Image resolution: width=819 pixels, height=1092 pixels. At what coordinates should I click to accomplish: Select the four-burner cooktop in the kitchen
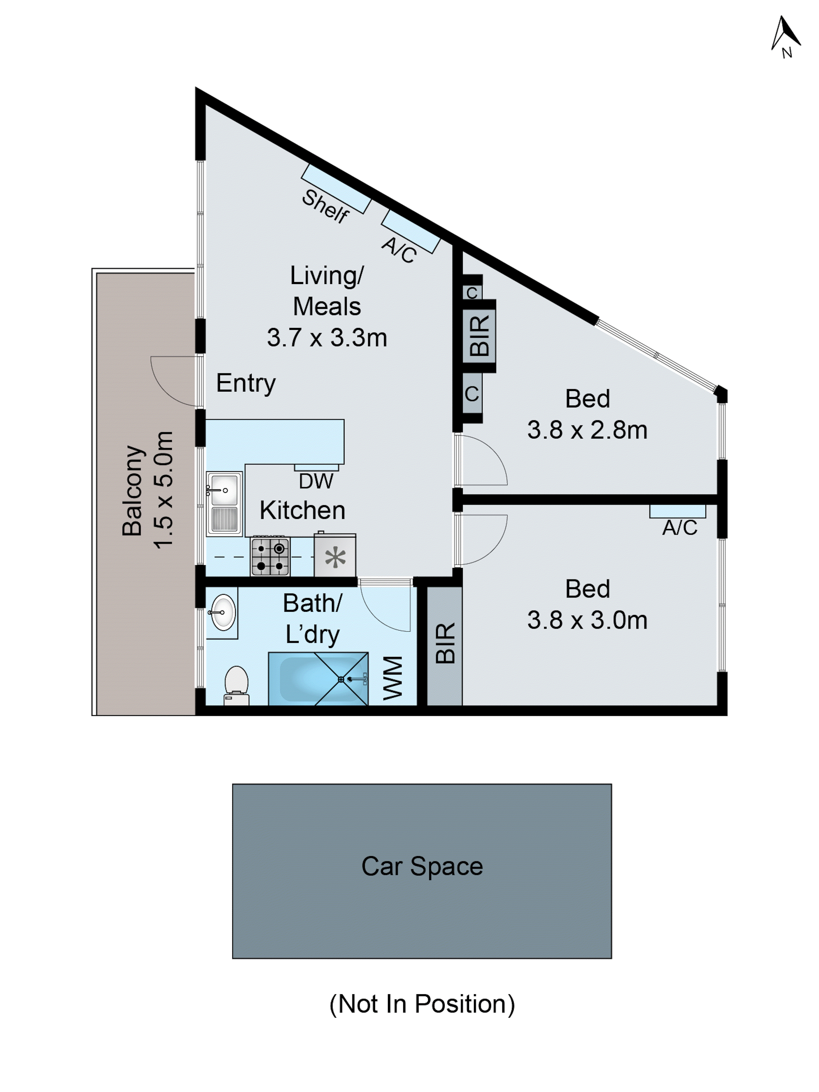click(270, 556)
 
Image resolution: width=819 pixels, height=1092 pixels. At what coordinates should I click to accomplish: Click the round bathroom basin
click(223, 612)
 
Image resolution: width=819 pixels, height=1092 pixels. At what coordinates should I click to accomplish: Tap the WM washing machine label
click(393, 678)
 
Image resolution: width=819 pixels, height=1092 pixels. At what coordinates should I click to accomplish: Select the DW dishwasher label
click(316, 481)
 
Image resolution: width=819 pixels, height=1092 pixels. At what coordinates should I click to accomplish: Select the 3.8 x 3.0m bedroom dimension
click(587, 620)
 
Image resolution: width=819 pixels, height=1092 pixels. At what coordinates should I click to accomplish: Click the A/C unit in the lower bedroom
click(677, 511)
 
